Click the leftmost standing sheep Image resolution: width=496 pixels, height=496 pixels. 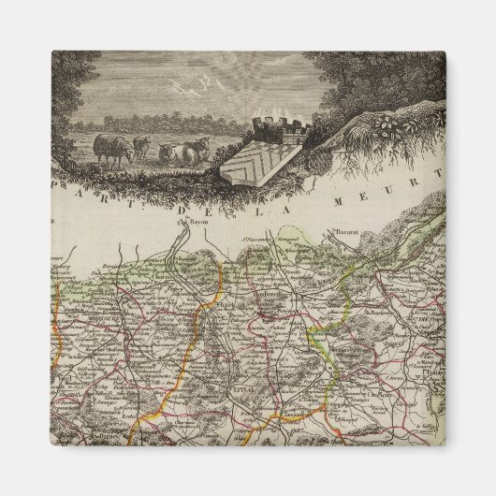(112, 149)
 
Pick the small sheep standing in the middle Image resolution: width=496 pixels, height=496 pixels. (141, 147)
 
